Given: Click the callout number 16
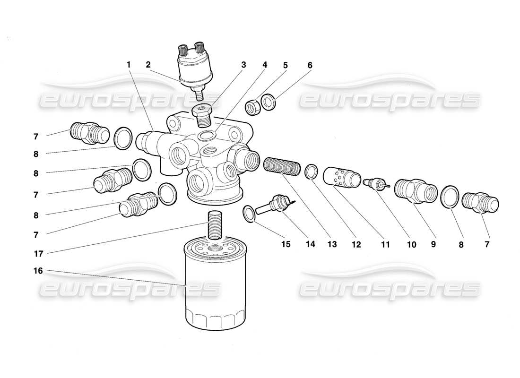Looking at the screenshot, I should pyautogui.click(x=38, y=271).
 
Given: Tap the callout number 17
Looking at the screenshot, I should pyautogui.click(x=38, y=254).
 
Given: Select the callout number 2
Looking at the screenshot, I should pyautogui.click(x=148, y=65).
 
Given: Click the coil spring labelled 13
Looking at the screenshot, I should pyautogui.click(x=282, y=166).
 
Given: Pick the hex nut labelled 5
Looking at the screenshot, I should pyautogui.click(x=253, y=107).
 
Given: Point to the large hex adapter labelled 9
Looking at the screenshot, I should pyautogui.click(x=415, y=192).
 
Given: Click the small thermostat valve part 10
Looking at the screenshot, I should pyautogui.click(x=374, y=183).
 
